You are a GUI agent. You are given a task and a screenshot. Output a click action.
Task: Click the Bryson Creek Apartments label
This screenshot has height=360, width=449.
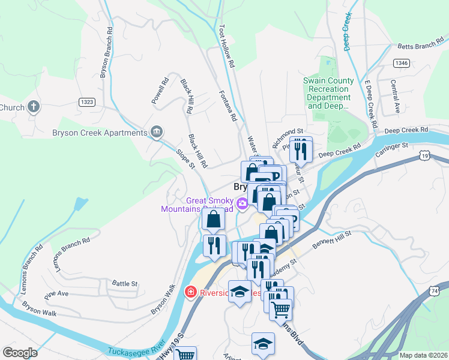tap(100, 133)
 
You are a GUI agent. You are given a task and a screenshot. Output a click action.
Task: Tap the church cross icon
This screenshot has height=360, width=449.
tap(34, 108)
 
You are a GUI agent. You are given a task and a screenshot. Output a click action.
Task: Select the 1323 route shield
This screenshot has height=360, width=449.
tap(86, 103)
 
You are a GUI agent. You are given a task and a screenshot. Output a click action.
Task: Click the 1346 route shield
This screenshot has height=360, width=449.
tap(401, 62)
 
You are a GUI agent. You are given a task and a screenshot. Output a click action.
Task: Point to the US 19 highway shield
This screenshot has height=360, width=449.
tap(424, 155)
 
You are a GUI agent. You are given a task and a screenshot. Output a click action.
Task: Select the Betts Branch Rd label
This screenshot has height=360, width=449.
tap(420, 46)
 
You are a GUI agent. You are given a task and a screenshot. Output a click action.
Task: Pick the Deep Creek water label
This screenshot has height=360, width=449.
tap(346, 24)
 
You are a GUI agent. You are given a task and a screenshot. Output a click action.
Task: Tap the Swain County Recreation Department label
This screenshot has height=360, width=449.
tap(328, 93)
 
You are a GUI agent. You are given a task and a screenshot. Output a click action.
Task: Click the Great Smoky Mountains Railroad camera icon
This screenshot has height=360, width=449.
tap(243, 204)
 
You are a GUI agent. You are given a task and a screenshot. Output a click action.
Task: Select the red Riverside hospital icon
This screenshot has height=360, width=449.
tap(191, 293)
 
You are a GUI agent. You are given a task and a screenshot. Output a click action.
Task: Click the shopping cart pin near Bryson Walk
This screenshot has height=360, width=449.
tap(185, 354)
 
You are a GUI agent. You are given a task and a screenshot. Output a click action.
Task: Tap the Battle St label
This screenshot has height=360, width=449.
tap(125, 283)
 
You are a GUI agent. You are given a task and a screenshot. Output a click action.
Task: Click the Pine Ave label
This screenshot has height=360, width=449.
tap(56, 295)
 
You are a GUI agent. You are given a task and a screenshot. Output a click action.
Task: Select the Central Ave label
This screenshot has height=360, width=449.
tap(395, 97)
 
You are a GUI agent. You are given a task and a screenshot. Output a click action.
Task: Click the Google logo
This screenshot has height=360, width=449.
tap(20, 353)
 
